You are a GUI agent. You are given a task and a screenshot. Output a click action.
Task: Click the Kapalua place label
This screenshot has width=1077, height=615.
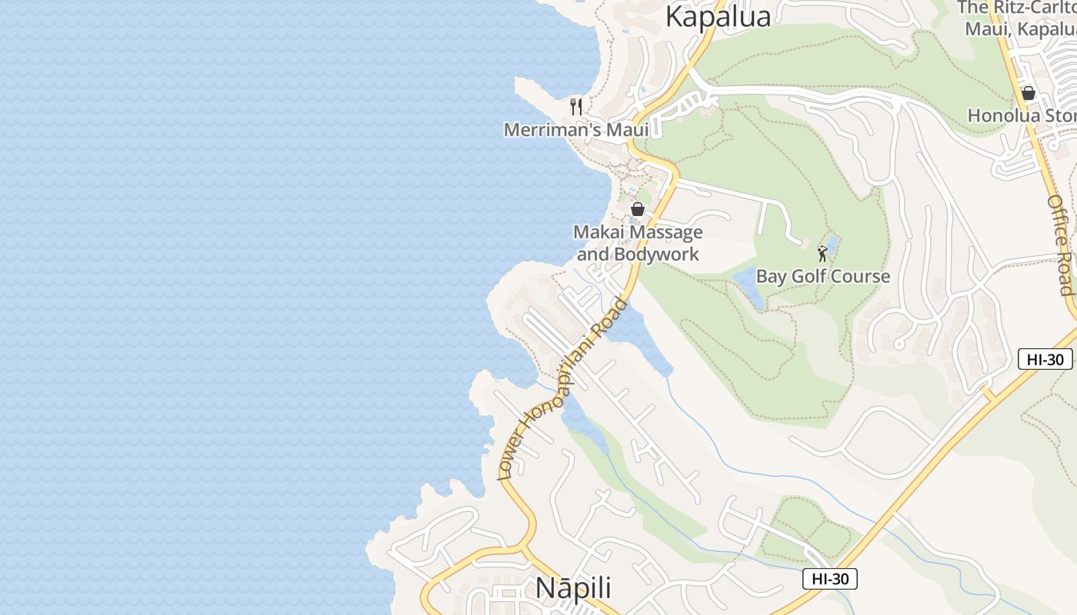pos(718,16)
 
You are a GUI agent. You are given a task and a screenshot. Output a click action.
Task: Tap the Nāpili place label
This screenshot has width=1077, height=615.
pos(573,588)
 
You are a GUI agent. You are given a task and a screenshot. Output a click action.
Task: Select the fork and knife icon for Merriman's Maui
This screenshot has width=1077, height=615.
pos(576,106)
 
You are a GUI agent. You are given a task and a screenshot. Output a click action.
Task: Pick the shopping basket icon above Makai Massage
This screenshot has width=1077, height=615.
pos(638,209)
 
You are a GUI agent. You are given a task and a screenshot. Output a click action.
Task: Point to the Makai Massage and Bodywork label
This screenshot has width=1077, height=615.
pos(638,243)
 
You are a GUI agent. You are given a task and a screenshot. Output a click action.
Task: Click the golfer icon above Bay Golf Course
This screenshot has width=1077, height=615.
pos(822,253)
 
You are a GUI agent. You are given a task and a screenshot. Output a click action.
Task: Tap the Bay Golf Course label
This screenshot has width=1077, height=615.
pos(823,277)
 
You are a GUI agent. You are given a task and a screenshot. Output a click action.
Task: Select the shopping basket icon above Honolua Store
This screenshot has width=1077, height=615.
pos(1028,94)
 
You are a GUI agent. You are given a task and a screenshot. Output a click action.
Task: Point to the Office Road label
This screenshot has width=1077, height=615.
pos(1060,244)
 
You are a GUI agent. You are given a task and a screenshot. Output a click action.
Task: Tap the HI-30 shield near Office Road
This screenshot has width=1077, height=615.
pos(1045,358)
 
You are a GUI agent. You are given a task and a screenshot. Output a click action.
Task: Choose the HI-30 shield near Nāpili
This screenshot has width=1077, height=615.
pos(829,579)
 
